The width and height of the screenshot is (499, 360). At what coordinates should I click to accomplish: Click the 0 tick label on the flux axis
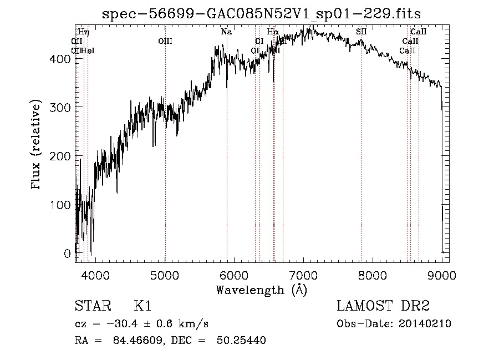67,253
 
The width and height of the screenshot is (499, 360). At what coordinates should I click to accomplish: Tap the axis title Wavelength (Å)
261,290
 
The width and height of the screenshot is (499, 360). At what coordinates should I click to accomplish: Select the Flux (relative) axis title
37,145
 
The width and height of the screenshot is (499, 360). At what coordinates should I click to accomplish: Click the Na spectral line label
226,32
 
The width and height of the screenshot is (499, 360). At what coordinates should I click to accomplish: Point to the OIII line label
165,41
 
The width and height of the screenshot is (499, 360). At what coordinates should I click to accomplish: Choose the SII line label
361,32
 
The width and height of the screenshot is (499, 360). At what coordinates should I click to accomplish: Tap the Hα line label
272,32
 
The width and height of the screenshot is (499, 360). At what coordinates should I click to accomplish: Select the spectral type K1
142,306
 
